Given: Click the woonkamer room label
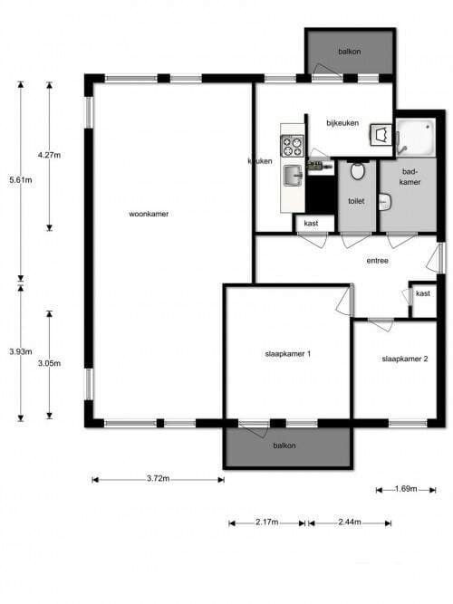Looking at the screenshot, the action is pyautogui.click(x=149, y=214).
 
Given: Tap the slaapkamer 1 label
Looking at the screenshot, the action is pyautogui.click(x=288, y=354).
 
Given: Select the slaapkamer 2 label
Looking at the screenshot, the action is pyautogui.click(x=405, y=359).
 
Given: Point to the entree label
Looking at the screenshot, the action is pyautogui.click(x=378, y=261).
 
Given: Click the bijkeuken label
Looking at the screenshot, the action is pyautogui.click(x=342, y=123).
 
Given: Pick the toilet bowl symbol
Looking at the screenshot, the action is pyautogui.click(x=357, y=171).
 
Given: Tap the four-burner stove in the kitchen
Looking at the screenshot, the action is pyautogui.click(x=293, y=146).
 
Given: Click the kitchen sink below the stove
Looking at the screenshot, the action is pyautogui.click(x=294, y=176).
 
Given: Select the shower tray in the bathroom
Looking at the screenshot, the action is pyautogui.click(x=416, y=137).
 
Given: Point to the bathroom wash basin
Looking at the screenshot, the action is pyautogui.click(x=385, y=202).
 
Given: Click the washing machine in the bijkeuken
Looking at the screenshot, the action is pyautogui.click(x=381, y=134).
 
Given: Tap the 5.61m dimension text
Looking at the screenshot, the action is pyautogui.click(x=21, y=179).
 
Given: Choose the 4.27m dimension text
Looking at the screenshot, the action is pyautogui.click(x=49, y=155).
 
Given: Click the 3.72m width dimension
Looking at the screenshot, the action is pyautogui.click(x=158, y=479).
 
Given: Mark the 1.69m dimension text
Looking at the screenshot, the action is pyautogui.click(x=406, y=489).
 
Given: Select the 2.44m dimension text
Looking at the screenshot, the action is pyautogui.click(x=350, y=523).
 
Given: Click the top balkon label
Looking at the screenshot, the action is pyautogui.click(x=350, y=52).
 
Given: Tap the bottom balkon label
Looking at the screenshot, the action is pyautogui.click(x=284, y=446).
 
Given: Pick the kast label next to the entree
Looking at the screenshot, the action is pyautogui.click(x=423, y=293).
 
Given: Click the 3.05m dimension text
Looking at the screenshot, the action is pyautogui.click(x=49, y=363).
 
